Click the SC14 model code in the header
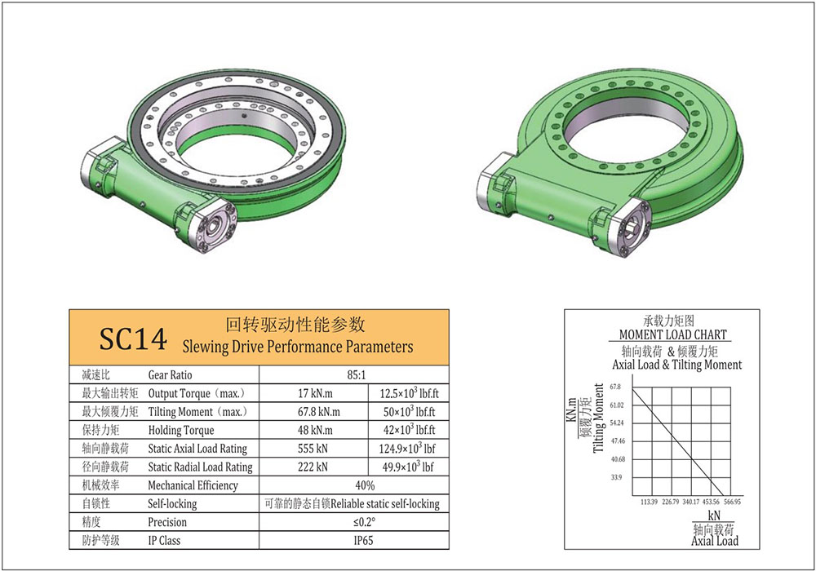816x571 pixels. (x=132, y=339)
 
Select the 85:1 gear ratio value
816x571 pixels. (x=355, y=375)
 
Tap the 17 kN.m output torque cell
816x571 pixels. (x=314, y=394)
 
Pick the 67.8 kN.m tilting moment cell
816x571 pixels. (x=314, y=412)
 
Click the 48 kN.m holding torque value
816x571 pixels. (x=314, y=430)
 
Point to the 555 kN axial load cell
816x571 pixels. (x=314, y=448)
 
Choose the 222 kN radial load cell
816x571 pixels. (x=314, y=467)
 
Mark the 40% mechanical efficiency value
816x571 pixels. (x=355, y=485)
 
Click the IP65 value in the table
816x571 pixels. (x=355, y=540)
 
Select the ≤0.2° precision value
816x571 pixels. (x=355, y=522)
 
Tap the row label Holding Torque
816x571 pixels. (x=181, y=430)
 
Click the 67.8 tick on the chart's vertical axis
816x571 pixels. (x=615, y=387)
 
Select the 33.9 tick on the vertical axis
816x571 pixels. (x=615, y=477)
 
